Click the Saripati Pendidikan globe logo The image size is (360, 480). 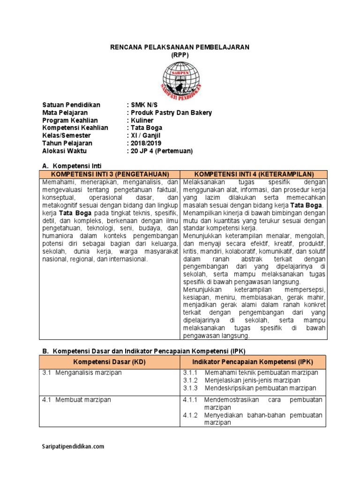[180, 78]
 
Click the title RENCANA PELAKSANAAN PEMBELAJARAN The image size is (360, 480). [180, 47]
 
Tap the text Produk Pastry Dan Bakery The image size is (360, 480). [171, 112]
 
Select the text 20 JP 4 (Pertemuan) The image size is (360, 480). [162, 151]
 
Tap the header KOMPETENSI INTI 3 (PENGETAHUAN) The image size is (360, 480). [110, 174]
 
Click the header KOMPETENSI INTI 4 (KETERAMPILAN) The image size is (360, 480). [254, 174]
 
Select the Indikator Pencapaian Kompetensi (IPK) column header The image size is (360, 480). [253, 362]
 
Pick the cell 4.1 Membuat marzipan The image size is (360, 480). [76, 400]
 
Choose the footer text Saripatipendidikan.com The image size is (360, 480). [73, 447]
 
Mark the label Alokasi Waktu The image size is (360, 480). [64, 151]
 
